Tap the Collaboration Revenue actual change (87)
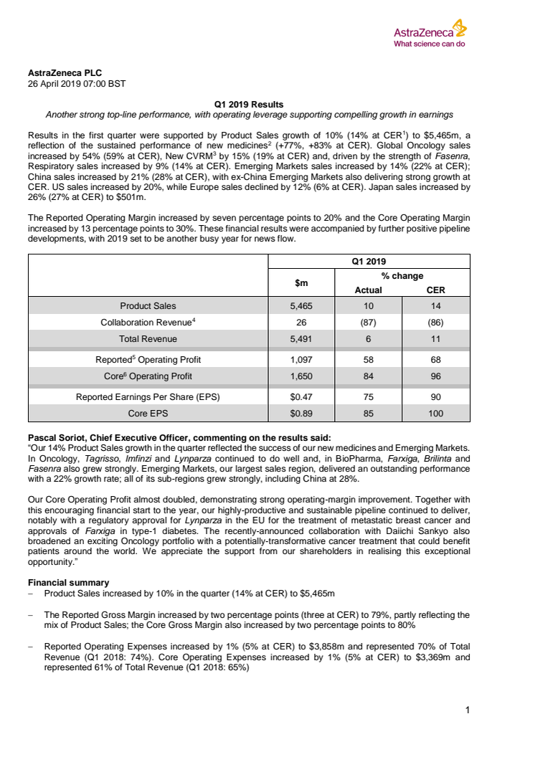pyautogui.click(x=369, y=323)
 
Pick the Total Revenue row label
pyautogui.click(x=148, y=339)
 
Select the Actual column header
pyautogui.click(x=369, y=290)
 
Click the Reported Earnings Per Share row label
pyautogui.click(x=148, y=396)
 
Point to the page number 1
pyautogui.click(x=467, y=710)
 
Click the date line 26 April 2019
pyautogui.click(x=76, y=84)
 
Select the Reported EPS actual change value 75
pyautogui.click(x=369, y=396)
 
